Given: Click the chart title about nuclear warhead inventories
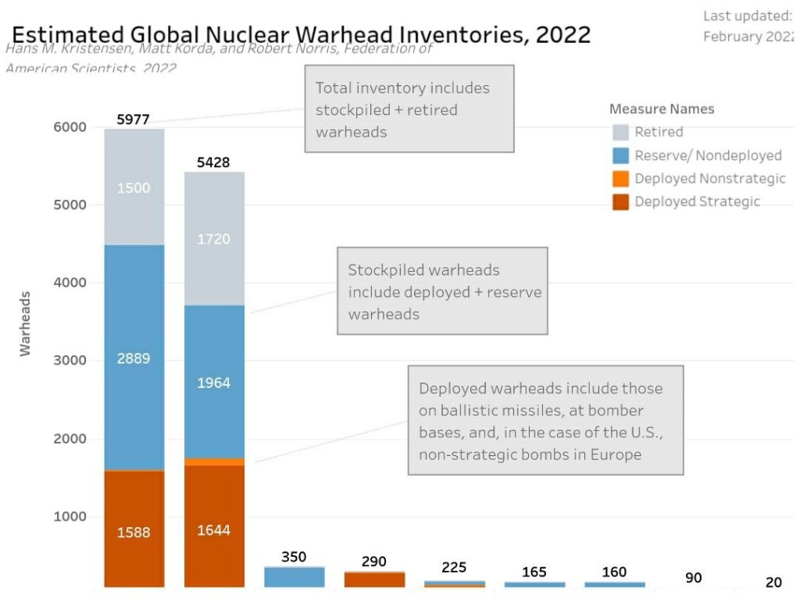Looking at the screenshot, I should coord(301,35).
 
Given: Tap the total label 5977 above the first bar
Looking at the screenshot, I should coord(133,119).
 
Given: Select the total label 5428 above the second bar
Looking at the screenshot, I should coord(213,162).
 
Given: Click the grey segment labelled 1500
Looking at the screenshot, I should coord(134,187).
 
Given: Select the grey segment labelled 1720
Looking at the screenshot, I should coord(214,238).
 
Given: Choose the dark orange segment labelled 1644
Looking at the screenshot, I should coord(214,529).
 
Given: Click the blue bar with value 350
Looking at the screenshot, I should coord(294,577).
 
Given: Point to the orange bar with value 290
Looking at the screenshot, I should coord(374,579).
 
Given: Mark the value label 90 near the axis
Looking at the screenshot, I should coord(694,578).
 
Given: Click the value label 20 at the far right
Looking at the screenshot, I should coord(773,583).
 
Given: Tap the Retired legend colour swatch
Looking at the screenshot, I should coord(620,132).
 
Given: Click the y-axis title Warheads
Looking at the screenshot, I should coord(26,323).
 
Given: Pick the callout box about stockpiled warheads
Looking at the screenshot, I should coord(442,291).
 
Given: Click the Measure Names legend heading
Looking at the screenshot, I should coord(662,109).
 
